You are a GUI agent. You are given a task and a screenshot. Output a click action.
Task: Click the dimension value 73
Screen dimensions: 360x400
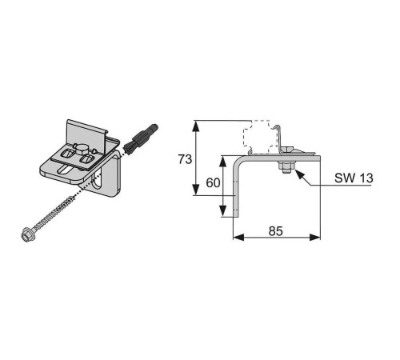(184, 159)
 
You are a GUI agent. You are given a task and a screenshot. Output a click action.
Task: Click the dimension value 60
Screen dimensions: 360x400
(212, 182)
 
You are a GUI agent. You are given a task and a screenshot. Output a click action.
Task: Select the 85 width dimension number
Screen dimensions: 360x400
(276, 232)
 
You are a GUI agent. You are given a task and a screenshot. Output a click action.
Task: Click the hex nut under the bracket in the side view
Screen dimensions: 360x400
(285, 167)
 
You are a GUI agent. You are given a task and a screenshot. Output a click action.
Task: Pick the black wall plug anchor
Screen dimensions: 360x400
(137, 142)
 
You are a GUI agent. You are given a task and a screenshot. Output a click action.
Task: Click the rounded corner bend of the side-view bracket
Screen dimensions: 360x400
(238, 164)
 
